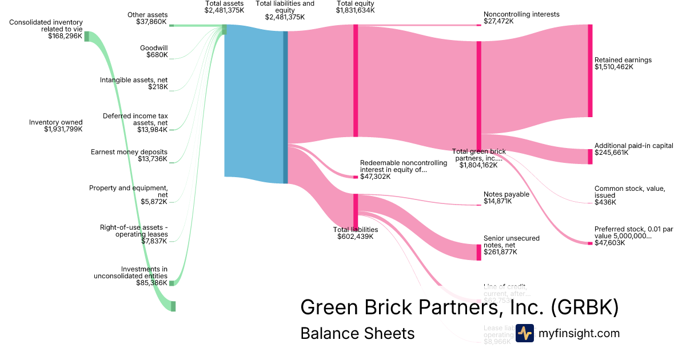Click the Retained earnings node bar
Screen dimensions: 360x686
pyautogui.click(x=590, y=71)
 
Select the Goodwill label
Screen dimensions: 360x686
pyautogui.click(x=154, y=48)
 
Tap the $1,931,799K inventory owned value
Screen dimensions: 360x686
pyautogui.click(x=63, y=129)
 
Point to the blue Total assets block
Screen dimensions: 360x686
pyautogui.click(x=253, y=103)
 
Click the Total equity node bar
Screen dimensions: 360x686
pyautogui.click(x=356, y=81)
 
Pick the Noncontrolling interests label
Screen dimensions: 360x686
pyautogui.click(x=521, y=14)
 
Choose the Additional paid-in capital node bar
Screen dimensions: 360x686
pyautogui.click(x=590, y=157)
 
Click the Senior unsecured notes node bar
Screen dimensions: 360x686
pyautogui.click(x=479, y=252)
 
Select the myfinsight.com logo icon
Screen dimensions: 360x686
pyautogui.click(x=524, y=333)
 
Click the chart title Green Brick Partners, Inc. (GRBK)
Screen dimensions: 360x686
pyautogui.click(x=459, y=307)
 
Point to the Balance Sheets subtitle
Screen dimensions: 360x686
pyautogui.click(x=357, y=333)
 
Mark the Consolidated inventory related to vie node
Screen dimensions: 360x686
pyautogui.click(x=87, y=37)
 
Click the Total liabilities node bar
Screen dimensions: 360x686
pyautogui.click(x=356, y=211)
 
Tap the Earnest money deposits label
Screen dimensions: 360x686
pyautogui.click(x=129, y=151)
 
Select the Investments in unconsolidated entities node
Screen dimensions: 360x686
pyautogui.click(x=171, y=283)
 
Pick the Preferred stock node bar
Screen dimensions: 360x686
pyautogui.click(x=590, y=243)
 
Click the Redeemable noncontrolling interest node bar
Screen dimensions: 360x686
pyautogui.click(x=356, y=177)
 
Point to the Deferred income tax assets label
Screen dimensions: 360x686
pyautogui.click(x=135, y=119)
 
